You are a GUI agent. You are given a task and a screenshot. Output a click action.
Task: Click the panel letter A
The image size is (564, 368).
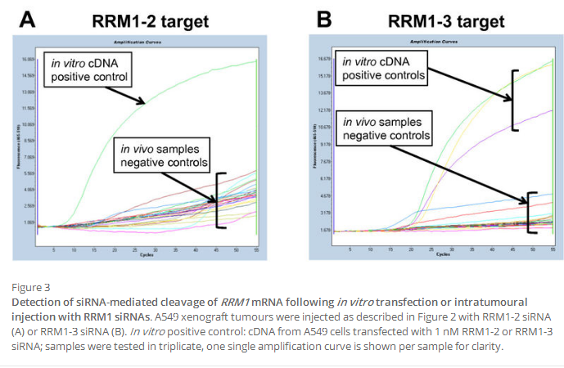click(x=27, y=20)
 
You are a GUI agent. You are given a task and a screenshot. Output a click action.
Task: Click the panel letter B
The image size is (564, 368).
click(x=301, y=18)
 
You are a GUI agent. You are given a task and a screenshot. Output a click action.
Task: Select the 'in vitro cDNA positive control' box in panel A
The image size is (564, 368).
click(x=90, y=70)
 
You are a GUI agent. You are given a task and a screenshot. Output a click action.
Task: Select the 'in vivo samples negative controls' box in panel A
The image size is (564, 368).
click(x=164, y=156)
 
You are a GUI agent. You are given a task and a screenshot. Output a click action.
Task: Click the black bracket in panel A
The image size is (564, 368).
click(x=219, y=200)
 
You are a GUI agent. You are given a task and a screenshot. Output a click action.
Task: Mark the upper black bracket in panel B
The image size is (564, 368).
click(x=515, y=100)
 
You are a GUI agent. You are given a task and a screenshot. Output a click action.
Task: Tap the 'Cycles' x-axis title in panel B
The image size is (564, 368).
click(x=443, y=255)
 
